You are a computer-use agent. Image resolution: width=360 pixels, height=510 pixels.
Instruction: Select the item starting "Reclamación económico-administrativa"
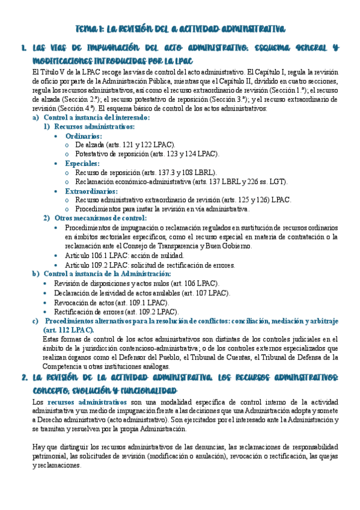[x=181, y=182]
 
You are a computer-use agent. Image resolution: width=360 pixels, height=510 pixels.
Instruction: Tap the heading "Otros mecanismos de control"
[x=100, y=218]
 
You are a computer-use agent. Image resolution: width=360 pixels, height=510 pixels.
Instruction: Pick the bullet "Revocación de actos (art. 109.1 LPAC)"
[x=111, y=303]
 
